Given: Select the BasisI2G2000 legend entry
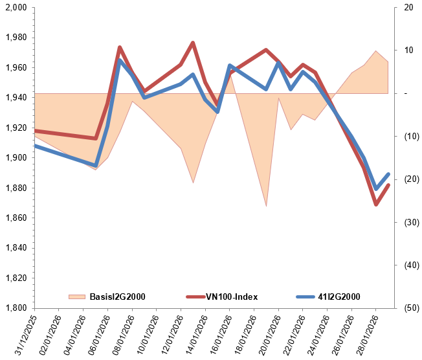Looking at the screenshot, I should tap(116, 297).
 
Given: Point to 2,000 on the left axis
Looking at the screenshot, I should tap(16, 8).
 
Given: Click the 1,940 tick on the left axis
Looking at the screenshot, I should tap(16, 98).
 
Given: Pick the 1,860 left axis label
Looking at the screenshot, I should tap(16, 218).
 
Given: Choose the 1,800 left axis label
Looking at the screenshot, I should tap(16, 308).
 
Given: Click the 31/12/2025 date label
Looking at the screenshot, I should tap(25, 333).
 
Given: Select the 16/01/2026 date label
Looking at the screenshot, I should tap(220, 333).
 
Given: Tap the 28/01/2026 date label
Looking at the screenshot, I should tap(366, 333).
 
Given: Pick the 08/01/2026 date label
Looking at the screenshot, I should tap(123, 333).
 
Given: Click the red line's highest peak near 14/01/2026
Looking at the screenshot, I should tap(193, 43).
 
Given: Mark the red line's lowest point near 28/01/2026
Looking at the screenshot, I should tap(375, 205).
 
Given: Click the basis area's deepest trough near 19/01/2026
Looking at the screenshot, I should tap(266, 206).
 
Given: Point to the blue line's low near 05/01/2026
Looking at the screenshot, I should tap(96, 165).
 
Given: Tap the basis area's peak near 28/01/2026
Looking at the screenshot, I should tap(375, 51).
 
